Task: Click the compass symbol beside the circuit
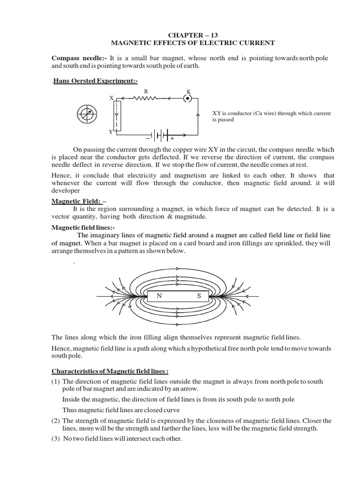[x=87, y=114]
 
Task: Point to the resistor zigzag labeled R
[x=146, y=99]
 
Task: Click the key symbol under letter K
[x=188, y=99]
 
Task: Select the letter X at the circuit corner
[x=112, y=98]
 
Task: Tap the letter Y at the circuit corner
[x=111, y=132]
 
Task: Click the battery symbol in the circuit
[x=160, y=134]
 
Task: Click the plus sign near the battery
[x=172, y=139]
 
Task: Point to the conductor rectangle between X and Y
[x=117, y=115]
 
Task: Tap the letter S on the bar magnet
[x=199, y=296]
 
